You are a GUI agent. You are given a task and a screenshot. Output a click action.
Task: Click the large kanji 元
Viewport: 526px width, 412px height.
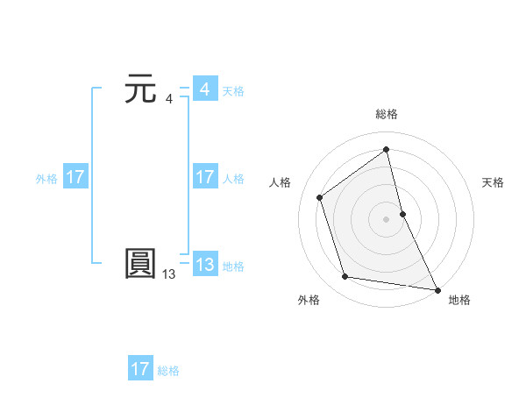tap(141, 90)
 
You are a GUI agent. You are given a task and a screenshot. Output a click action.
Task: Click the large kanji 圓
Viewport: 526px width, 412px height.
tap(141, 264)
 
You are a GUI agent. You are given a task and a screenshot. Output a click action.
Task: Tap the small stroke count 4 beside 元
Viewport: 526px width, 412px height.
tap(169, 99)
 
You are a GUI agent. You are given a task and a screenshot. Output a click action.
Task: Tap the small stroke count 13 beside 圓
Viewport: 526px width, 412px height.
tap(168, 274)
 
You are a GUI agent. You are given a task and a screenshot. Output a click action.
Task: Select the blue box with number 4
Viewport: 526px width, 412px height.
tap(204, 89)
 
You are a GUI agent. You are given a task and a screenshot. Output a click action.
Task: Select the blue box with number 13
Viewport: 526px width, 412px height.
tap(204, 265)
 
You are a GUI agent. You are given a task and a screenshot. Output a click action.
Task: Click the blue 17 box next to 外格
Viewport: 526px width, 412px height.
tap(75, 177)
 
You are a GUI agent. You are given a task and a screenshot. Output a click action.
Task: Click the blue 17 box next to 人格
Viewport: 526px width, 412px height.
tap(204, 177)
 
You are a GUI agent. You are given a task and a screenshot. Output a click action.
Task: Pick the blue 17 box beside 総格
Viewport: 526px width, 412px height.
tap(140, 369)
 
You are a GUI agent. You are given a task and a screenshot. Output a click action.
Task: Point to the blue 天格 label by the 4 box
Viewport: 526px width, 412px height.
tap(233, 91)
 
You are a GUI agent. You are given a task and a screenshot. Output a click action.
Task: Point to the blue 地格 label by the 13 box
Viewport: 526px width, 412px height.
tap(233, 266)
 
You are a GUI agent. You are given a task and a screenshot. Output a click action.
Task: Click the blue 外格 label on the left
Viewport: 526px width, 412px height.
tap(46, 179)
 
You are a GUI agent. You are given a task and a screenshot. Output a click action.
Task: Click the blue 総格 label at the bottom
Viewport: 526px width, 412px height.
tap(168, 371)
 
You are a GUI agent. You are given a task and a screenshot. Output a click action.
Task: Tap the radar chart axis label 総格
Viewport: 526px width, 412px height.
tap(387, 114)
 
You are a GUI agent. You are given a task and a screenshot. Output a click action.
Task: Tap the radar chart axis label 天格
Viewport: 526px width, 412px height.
tap(494, 182)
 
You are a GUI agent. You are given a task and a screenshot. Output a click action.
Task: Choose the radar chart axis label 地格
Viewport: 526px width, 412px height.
tap(459, 301)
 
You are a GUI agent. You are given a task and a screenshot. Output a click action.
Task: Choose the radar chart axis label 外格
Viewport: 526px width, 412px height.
tap(309, 301)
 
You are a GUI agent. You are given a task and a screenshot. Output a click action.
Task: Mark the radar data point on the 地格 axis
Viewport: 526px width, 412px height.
tap(437, 288)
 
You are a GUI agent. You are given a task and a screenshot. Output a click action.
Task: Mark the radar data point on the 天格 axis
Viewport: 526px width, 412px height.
tap(402, 213)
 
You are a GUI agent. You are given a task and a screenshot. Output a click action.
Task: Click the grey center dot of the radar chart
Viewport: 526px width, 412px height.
tap(386, 218)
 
